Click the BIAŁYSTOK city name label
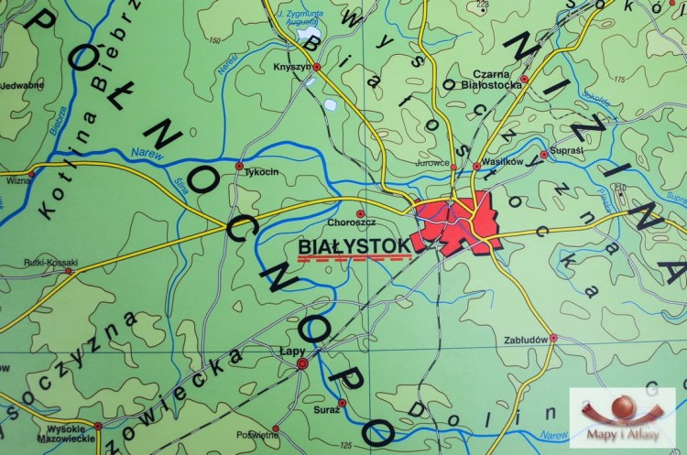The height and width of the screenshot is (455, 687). click(354, 245)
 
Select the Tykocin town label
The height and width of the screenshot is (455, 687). click(261, 169)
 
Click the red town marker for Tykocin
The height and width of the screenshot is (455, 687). click(239, 166)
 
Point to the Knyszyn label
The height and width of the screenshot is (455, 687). click(291, 67)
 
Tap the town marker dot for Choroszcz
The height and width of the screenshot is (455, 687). click(359, 213)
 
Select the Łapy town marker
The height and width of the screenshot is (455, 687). click(302, 364)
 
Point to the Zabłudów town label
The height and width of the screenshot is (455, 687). click(526, 338)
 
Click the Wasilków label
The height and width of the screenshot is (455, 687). click(501, 161)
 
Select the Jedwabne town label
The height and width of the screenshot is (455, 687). click(22, 86)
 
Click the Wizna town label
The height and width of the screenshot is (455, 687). click(17, 180)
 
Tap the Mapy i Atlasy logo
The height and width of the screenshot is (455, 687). click(623, 417)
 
